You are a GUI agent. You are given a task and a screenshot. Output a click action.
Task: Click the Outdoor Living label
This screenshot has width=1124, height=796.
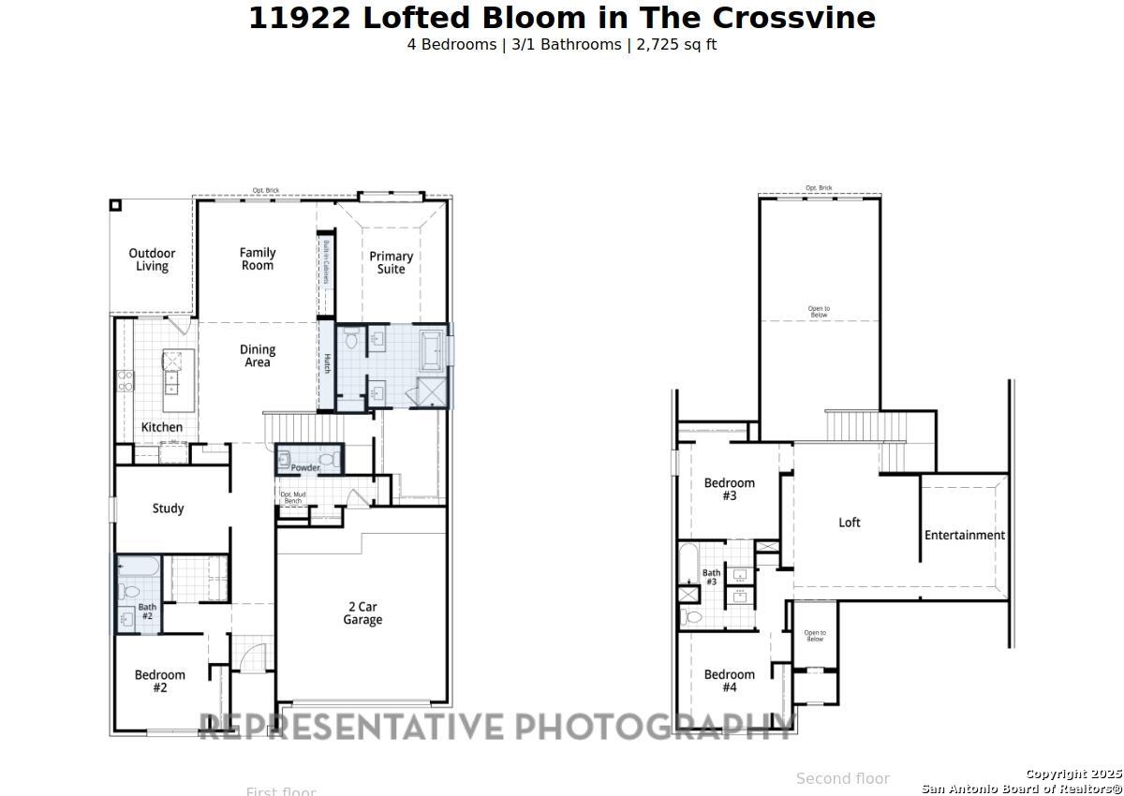coord(152,259)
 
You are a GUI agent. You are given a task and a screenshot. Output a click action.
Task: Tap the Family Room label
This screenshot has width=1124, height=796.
coord(258,258)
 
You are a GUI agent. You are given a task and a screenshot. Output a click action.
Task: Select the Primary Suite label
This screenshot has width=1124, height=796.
coord(391,262)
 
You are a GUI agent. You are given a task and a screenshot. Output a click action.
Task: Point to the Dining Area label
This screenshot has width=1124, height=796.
coord(258,356)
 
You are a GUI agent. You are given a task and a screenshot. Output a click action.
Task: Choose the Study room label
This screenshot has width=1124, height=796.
coord(168,509)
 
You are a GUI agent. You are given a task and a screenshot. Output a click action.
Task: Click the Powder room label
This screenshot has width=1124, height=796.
coord(305,467)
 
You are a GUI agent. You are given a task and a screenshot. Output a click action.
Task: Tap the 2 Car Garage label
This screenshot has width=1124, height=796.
coord(362,613)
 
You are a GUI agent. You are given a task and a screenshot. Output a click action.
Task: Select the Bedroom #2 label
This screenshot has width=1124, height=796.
coord(160,681)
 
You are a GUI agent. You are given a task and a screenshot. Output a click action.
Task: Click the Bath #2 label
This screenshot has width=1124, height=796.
coord(147,612)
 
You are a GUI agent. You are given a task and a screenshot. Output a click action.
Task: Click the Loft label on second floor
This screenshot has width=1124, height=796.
coord(850,523)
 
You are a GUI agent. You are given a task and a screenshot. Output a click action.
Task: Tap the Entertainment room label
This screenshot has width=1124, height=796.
coord(965,536)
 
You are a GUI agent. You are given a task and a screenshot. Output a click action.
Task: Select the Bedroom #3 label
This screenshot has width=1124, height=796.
coord(730,489)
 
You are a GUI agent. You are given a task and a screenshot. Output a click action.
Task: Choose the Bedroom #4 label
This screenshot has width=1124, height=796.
coord(730,681)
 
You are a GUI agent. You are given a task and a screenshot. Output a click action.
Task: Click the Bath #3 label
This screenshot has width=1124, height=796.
coord(712,577)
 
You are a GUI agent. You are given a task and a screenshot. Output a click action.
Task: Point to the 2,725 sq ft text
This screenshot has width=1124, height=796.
coord(676,44)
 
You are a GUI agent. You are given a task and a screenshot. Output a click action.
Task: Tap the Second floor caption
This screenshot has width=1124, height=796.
coord(842,778)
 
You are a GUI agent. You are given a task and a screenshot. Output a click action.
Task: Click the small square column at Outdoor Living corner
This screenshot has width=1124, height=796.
coord(115,205)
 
